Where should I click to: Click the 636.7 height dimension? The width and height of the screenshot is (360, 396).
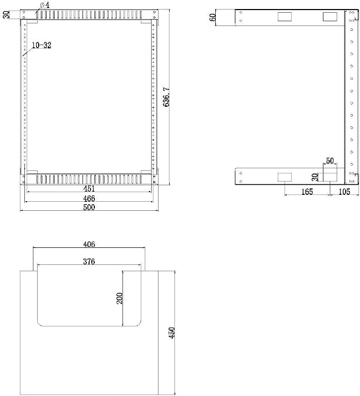tap(166, 97)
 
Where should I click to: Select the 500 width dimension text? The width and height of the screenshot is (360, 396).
tap(89, 208)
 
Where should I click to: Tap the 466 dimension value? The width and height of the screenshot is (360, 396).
tap(89, 198)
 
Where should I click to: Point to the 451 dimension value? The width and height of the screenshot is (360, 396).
tap(89, 188)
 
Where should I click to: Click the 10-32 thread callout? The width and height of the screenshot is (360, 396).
tap(42, 46)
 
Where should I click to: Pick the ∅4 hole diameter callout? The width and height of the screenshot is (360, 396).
tap(45, 5)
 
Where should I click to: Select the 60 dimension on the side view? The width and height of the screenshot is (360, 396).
tap(213, 18)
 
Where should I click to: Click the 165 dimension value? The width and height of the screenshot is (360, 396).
tap(307, 192)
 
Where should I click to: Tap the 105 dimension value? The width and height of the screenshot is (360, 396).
tap(344, 192)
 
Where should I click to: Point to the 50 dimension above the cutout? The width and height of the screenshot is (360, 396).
tap(330, 161)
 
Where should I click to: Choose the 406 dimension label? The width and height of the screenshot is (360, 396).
tap(89, 244)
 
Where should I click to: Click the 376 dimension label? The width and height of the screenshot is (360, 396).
tap(89, 261)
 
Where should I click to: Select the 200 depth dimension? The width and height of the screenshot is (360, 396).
tap(119, 298)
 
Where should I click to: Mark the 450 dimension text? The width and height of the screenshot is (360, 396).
tap(172, 333)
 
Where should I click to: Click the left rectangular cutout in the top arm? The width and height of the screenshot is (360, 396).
tap(285, 16)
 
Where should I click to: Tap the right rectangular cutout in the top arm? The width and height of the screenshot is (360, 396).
tap(330, 16)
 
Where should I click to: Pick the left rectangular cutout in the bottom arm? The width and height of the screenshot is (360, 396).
tap(285, 177)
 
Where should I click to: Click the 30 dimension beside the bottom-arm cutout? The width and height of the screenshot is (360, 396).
tap(315, 177)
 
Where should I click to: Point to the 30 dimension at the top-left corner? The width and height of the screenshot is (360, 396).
tap(6, 14)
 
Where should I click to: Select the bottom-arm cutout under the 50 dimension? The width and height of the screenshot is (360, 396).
tap(330, 177)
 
